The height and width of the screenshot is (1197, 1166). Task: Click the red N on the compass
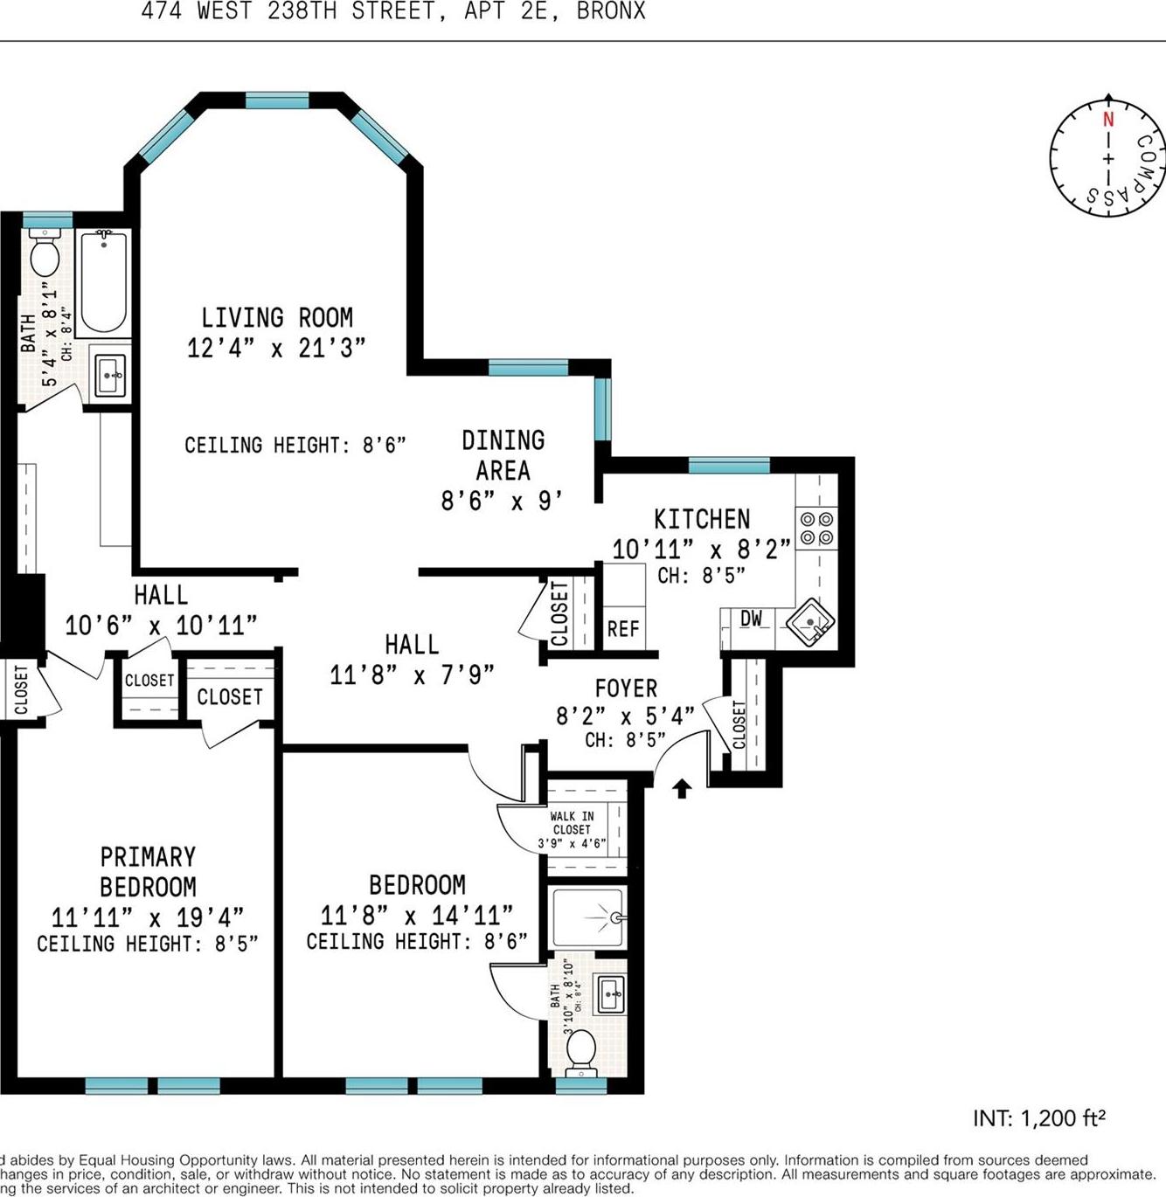click(x=1107, y=121)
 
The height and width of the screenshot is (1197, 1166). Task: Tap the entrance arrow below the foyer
click(x=682, y=789)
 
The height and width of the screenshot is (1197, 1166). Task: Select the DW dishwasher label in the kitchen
click(x=751, y=619)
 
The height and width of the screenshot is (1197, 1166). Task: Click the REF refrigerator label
click(x=623, y=629)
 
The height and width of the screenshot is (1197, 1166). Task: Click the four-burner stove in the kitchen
click(x=816, y=529)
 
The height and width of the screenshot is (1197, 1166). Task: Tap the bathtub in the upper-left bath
click(x=103, y=282)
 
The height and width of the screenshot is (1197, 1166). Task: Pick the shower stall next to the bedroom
click(x=586, y=917)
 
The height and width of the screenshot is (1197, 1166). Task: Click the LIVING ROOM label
click(x=277, y=317)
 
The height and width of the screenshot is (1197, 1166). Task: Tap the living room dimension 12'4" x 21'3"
click(x=276, y=348)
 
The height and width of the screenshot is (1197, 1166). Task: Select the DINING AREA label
click(x=503, y=454)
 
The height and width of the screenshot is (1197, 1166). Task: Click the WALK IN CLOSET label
click(x=572, y=823)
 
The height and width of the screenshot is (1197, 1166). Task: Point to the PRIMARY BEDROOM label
click(x=148, y=871)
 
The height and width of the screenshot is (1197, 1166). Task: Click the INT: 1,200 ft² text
click(x=1038, y=1118)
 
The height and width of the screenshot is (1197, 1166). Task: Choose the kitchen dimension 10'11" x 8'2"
click(x=701, y=550)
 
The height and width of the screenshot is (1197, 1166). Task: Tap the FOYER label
click(x=626, y=688)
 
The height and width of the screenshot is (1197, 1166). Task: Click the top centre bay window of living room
click(x=277, y=100)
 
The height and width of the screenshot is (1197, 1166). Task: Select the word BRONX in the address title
click(x=611, y=11)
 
